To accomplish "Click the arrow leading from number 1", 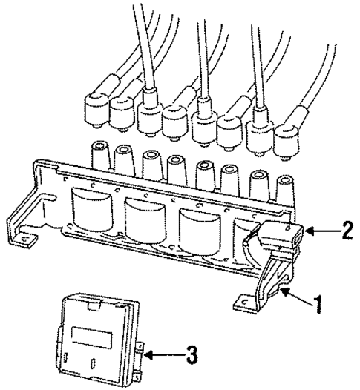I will pos(295,299).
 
